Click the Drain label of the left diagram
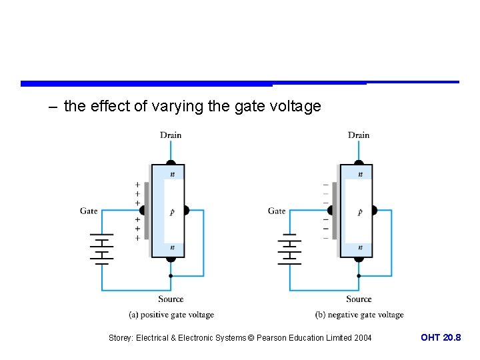(171, 135)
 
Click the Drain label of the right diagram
(359, 135)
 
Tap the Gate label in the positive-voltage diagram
(89, 211)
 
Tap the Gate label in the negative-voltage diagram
(277, 211)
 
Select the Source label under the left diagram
(171, 299)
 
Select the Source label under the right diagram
(359, 299)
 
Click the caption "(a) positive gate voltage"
(171, 315)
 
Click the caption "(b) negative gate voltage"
(359, 315)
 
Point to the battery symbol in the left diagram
(101, 249)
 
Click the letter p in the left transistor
(172, 212)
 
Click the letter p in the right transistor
(360, 212)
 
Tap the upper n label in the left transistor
(173, 174)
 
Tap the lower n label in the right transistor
(361, 247)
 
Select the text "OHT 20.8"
(441, 338)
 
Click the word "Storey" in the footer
(121, 338)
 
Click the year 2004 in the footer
(362, 338)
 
